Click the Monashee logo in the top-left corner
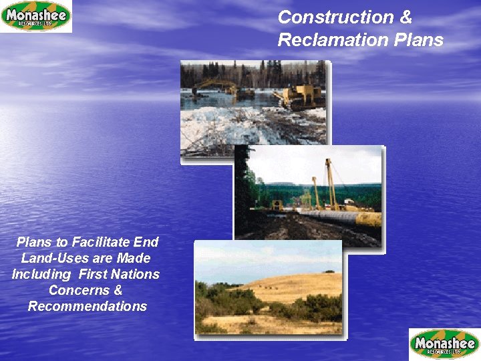(36, 16)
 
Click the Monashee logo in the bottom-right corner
(444, 344)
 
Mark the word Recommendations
(87, 306)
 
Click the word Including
(41, 274)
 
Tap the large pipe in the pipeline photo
(341, 218)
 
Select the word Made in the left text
(134, 258)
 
